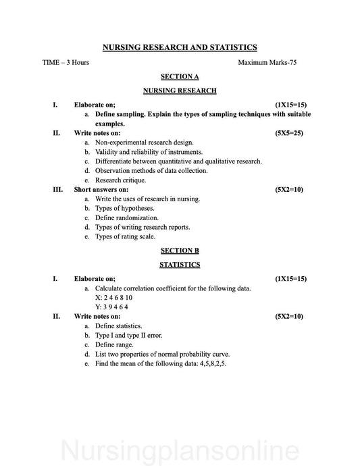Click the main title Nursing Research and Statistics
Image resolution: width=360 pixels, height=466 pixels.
180,47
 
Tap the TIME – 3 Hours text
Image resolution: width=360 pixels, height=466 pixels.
66,62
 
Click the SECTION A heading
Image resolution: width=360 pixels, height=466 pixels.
180,77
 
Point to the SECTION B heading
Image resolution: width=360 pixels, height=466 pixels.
180,251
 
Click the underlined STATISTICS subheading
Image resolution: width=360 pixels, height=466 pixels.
180,265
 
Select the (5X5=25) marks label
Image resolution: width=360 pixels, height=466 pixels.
289,133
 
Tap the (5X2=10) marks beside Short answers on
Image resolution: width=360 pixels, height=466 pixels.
289,190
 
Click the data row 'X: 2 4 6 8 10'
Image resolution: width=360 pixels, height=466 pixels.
113,297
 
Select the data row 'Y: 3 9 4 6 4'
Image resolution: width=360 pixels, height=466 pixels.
112,307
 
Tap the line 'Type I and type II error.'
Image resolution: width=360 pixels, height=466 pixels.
128,335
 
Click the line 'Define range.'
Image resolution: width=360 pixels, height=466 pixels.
114,344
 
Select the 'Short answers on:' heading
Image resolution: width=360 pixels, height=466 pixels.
101,190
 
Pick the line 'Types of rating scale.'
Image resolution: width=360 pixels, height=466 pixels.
125,237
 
